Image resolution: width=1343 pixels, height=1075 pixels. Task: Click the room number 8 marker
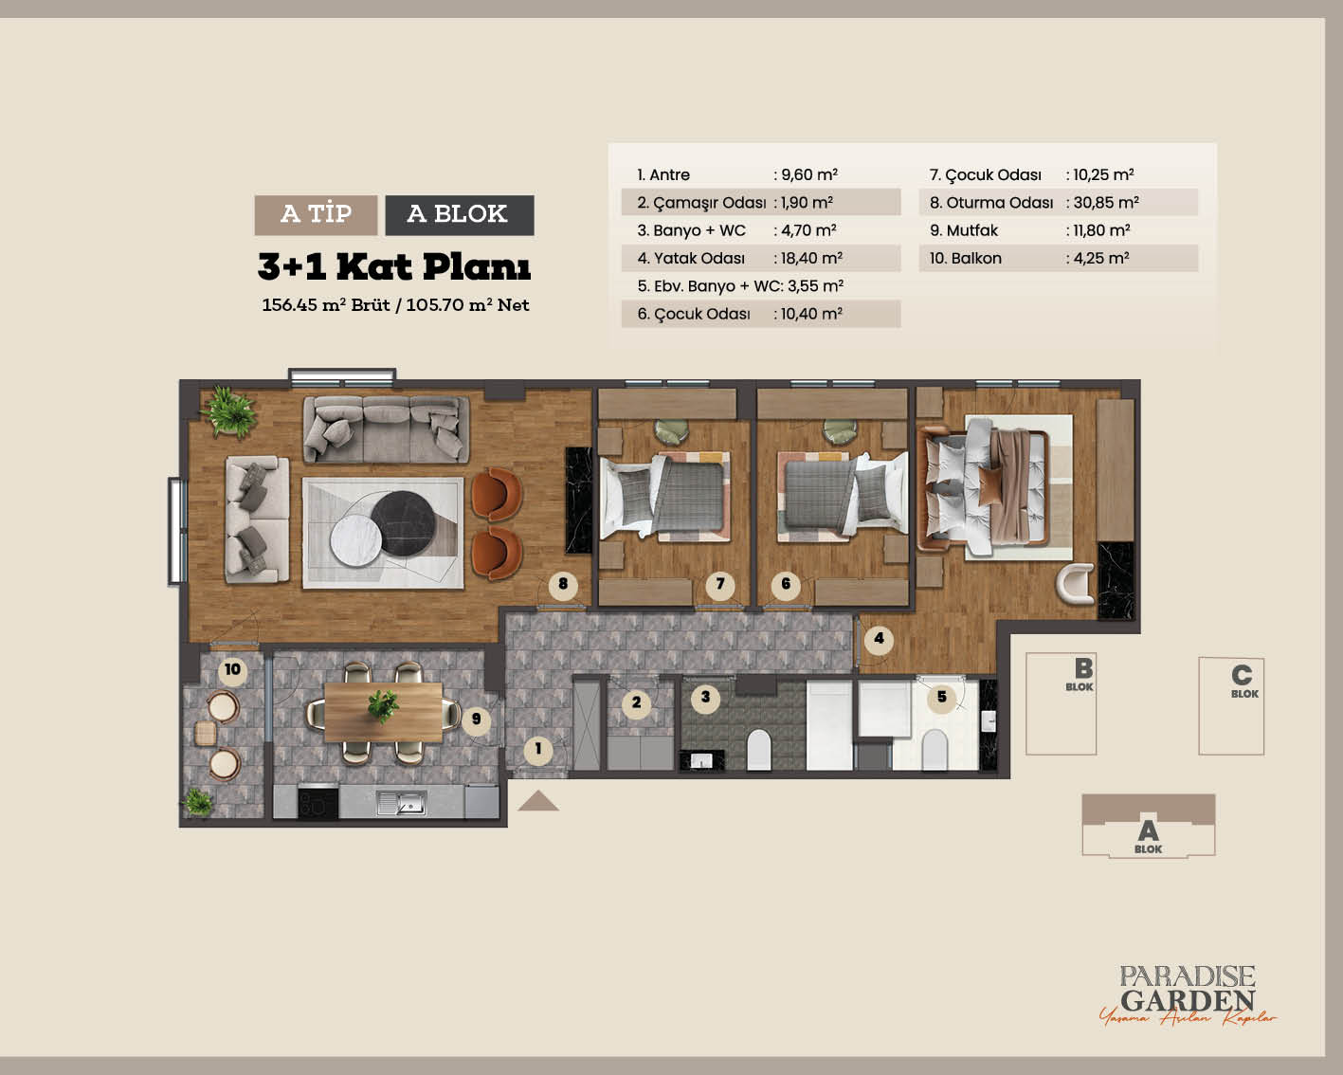(563, 584)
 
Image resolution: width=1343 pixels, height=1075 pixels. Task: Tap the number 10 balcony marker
(232, 670)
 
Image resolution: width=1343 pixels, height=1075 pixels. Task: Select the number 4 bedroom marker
(879, 639)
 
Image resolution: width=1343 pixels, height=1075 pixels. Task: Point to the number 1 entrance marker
(538, 749)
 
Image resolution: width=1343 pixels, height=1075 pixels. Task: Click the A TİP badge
(316, 215)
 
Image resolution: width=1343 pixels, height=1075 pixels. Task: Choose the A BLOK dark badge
(460, 215)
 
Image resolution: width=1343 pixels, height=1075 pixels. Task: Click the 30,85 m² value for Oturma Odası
(1105, 202)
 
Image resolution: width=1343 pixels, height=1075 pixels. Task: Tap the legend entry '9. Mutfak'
(964, 230)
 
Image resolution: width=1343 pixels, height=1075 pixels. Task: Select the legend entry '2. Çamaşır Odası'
(700, 203)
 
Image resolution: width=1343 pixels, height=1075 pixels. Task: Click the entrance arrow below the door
(538, 801)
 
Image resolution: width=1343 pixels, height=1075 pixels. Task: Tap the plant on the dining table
(382, 706)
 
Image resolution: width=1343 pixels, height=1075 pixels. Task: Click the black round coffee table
(403, 523)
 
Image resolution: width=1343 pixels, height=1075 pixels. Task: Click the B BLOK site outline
(1061, 703)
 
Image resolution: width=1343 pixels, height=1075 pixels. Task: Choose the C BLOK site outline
(1231, 706)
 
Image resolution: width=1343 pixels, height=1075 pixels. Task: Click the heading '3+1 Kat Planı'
(393, 266)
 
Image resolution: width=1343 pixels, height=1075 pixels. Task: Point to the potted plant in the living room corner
(229, 410)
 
